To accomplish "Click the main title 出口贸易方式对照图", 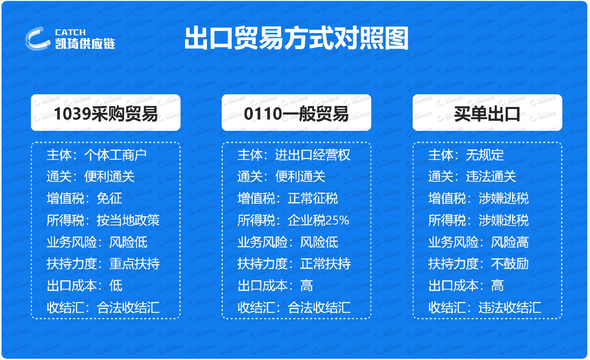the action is [296, 38].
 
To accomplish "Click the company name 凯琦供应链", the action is [85, 44].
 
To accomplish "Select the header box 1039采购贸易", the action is [106, 113].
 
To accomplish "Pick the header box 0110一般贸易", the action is [296, 113].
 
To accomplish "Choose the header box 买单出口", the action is [487, 113].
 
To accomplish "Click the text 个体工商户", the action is [116, 155].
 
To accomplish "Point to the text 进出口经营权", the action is [313, 155].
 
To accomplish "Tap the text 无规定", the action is [485, 155].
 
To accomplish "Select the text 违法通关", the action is [491, 177].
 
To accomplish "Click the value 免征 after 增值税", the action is [109, 198].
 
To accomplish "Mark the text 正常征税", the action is [313, 198].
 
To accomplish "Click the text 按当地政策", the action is [128, 220].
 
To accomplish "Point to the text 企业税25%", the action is [318, 220].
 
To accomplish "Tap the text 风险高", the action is [509, 242].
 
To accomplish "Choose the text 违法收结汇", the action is [510, 307].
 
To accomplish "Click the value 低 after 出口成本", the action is [116, 286].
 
